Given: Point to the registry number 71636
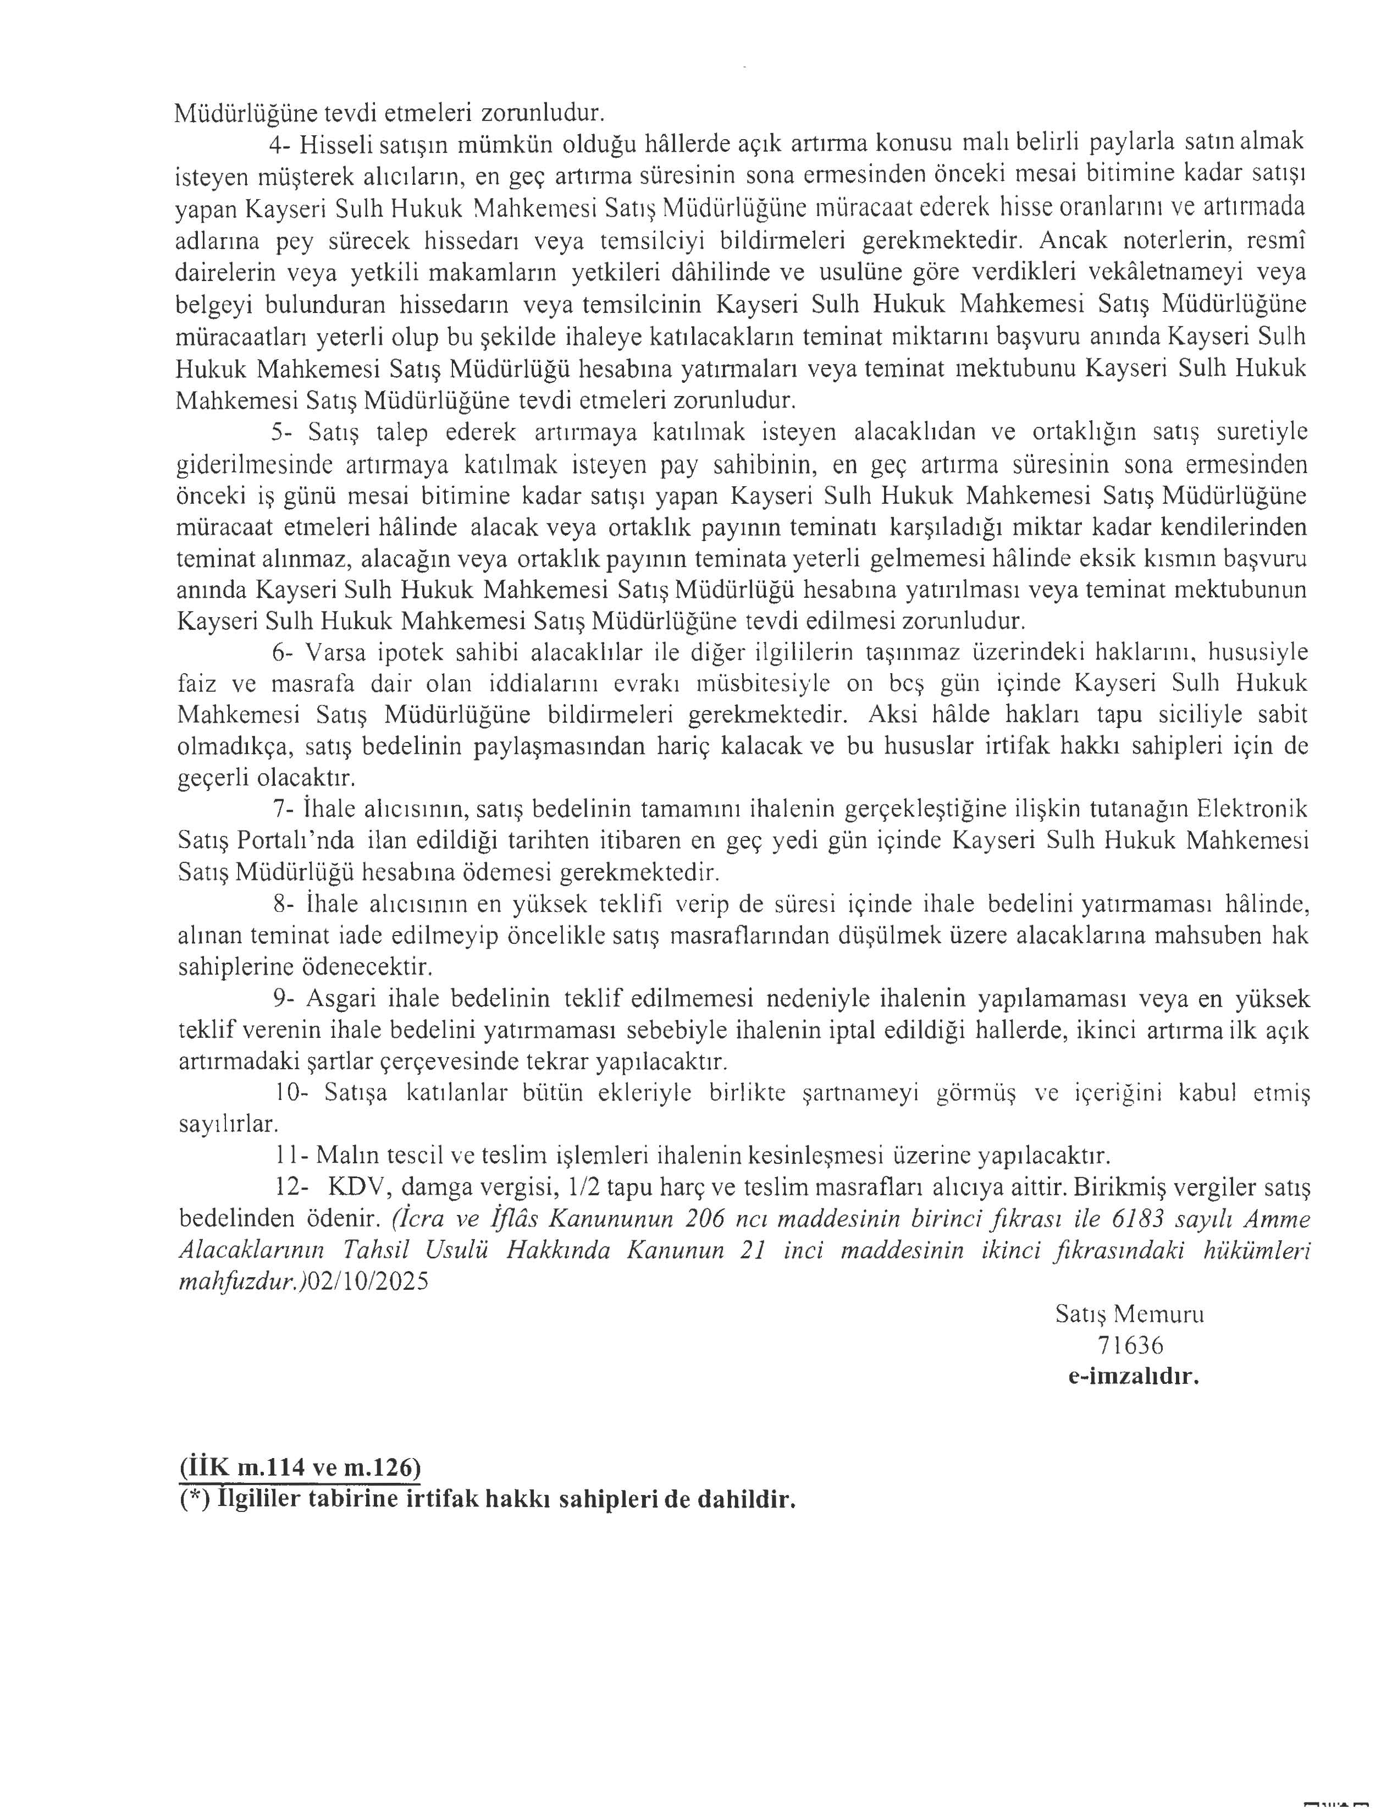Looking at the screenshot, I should point(1130,1346).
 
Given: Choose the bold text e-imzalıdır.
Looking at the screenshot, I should point(1133,1377).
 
